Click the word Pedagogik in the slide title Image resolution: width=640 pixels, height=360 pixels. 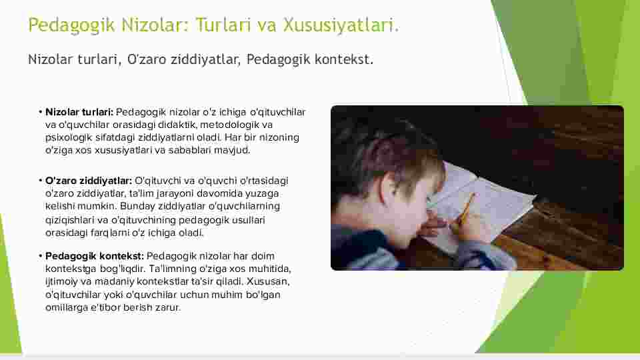[71, 25]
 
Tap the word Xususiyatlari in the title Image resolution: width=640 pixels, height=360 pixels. [341, 25]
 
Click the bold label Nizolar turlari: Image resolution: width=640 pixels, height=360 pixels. [79, 112]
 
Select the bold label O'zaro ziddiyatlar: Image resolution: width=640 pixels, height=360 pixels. [89, 181]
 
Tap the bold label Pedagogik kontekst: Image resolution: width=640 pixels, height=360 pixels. [95, 256]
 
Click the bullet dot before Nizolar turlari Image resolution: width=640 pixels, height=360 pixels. [41, 112]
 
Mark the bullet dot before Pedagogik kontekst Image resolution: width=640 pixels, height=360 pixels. [41, 256]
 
